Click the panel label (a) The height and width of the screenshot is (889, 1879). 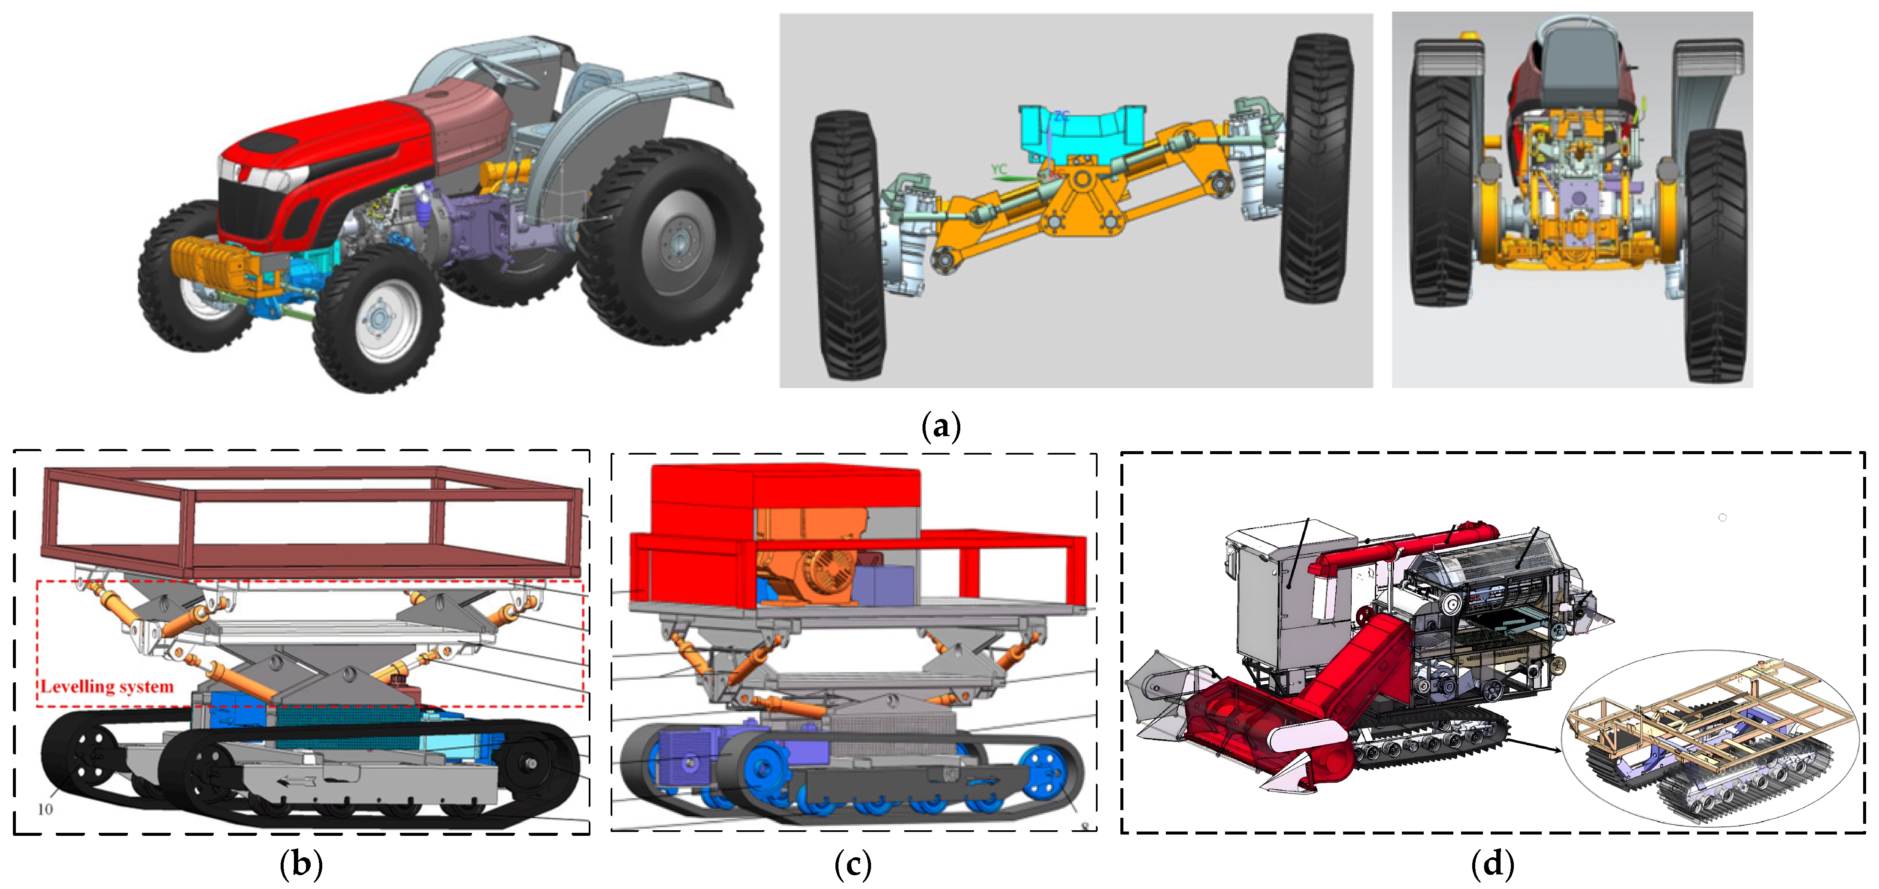point(941,425)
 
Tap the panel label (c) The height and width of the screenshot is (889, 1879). point(853,865)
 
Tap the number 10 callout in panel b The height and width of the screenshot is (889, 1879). point(45,809)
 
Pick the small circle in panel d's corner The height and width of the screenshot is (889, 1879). point(1723,518)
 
